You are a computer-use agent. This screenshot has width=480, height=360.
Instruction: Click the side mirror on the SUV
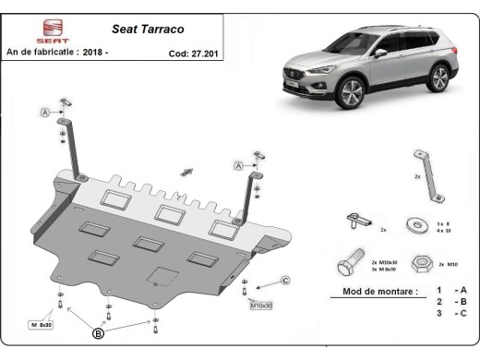(x=380, y=54)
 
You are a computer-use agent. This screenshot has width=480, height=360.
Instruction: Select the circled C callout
(x=285, y=280)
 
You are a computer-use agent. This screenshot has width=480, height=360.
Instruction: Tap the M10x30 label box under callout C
(x=262, y=304)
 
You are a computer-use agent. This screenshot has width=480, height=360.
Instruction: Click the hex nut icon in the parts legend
(x=421, y=262)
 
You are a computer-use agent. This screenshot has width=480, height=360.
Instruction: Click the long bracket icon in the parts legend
(x=430, y=175)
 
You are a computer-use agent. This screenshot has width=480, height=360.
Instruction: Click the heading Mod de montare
(x=373, y=292)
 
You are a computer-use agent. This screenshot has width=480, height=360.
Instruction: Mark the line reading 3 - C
(x=452, y=314)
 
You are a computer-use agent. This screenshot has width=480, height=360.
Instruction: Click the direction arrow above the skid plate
(x=188, y=172)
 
